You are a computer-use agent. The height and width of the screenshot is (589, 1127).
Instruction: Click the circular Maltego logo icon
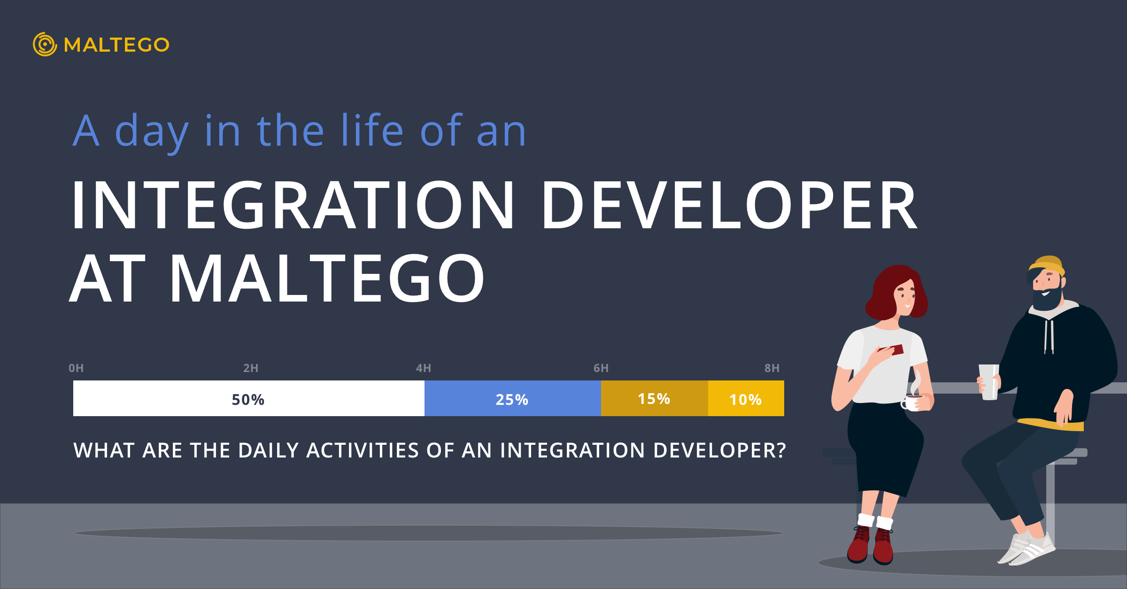pos(45,44)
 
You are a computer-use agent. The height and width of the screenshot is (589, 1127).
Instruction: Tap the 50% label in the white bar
pos(248,400)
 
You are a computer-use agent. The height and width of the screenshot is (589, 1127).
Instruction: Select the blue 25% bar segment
pos(513,398)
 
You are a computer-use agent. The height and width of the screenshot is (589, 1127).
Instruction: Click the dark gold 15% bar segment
pos(655,398)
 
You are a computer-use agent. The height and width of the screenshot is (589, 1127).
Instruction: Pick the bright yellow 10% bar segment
pos(746,398)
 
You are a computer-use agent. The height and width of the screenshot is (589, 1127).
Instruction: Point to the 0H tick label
pos(76,368)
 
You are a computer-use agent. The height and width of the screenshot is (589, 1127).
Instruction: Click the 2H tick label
pos(251,368)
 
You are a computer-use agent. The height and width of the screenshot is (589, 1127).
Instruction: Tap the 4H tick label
pos(424,368)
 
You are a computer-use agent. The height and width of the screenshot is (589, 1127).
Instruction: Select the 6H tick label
pos(601,368)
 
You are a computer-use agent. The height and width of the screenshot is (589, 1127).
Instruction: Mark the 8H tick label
pos(772,368)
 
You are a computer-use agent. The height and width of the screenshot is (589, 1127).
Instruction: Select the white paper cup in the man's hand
pos(989,382)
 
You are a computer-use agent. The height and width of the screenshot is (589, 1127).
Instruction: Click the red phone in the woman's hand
pos(891,350)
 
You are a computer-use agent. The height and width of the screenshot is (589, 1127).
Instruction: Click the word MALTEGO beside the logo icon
pos(116,45)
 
